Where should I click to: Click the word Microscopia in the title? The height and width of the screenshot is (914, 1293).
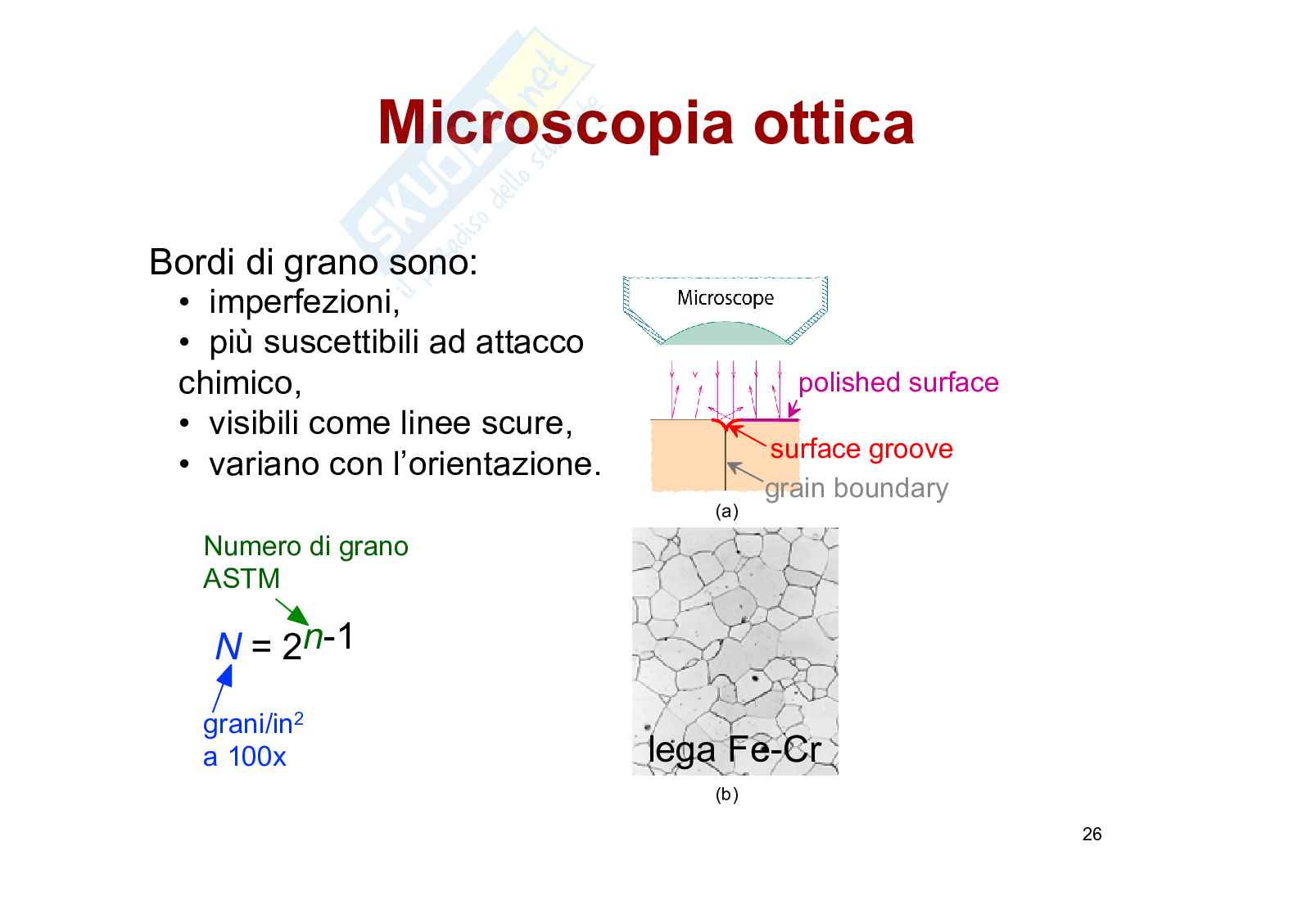click(x=555, y=125)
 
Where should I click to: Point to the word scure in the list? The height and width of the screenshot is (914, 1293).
click(x=527, y=423)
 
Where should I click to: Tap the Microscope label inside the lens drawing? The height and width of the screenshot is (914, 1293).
click(x=725, y=298)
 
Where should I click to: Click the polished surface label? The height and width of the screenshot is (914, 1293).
click(x=898, y=382)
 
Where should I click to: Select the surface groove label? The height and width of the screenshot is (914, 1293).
click(x=861, y=449)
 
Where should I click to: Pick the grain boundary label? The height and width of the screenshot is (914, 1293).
click(x=856, y=488)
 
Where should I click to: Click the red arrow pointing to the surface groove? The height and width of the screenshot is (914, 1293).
click(x=747, y=435)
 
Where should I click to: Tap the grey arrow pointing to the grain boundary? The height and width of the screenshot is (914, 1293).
click(x=744, y=471)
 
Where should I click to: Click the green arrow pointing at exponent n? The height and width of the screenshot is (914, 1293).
click(x=292, y=612)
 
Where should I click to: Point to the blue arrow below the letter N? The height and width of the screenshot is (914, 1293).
click(x=222, y=688)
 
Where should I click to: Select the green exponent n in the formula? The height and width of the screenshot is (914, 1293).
click(x=312, y=637)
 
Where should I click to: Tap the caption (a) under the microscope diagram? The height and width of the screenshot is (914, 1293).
click(x=726, y=511)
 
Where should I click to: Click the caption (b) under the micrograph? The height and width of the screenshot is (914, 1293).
click(x=726, y=794)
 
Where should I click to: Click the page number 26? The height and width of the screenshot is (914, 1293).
click(x=1092, y=834)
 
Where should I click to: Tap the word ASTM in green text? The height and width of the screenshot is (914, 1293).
click(x=242, y=578)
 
